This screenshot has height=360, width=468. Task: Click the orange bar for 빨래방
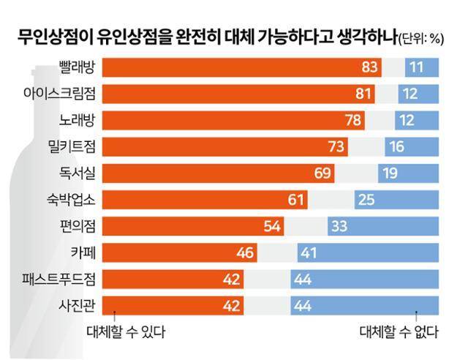(242, 67)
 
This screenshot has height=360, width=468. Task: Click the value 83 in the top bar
(370, 67)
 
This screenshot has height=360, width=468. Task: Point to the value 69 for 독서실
(322, 173)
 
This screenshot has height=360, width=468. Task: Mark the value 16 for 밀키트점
(397, 146)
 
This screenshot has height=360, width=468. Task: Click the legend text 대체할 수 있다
(125, 332)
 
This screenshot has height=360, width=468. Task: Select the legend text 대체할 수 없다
(398, 332)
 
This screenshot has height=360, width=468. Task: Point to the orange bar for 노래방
(234, 120)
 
